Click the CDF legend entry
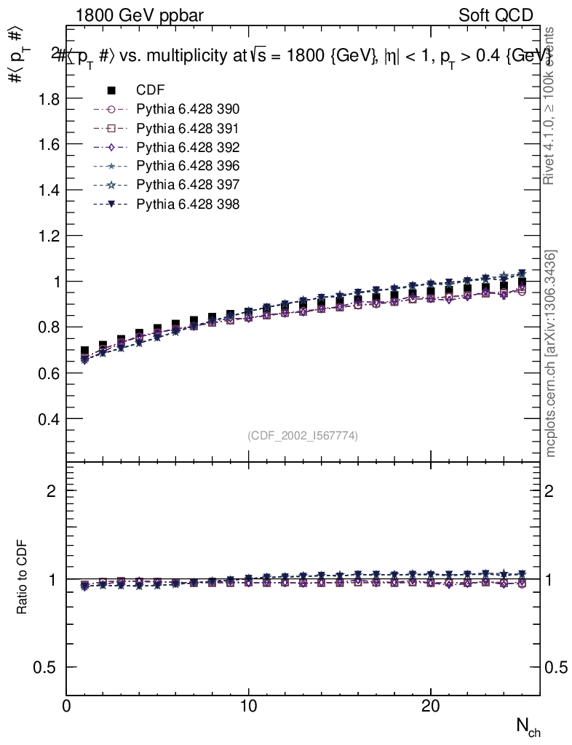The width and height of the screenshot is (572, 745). pyautogui.click(x=150, y=90)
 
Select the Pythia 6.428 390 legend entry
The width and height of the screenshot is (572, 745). pyautogui.click(x=188, y=109)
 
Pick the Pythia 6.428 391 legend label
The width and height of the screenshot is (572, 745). pyautogui.click(x=188, y=128)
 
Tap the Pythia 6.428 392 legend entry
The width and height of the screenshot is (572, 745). pyautogui.click(x=188, y=147)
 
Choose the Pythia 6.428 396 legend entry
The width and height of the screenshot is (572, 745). pyautogui.click(x=188, y=166)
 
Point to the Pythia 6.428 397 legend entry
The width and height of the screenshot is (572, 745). pyautogui.click(x=188, y=185)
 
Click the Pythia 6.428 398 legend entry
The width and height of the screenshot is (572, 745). pyautogui.click(x=188, y=204)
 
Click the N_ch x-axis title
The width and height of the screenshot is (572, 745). pyautogui.click(x=528, y=726)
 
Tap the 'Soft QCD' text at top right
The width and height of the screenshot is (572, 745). pyautogui.click(x=496, y=15)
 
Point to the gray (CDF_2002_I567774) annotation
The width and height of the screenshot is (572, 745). pyautogui.click(x=303, y=436)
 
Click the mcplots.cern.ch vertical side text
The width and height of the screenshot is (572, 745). pyautogui.click(x=551, y=354)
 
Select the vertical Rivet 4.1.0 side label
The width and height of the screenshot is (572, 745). pyautogui.click(x=550, y=105)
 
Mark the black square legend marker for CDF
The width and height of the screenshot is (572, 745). pyautogui.click(x=111, y=90)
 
